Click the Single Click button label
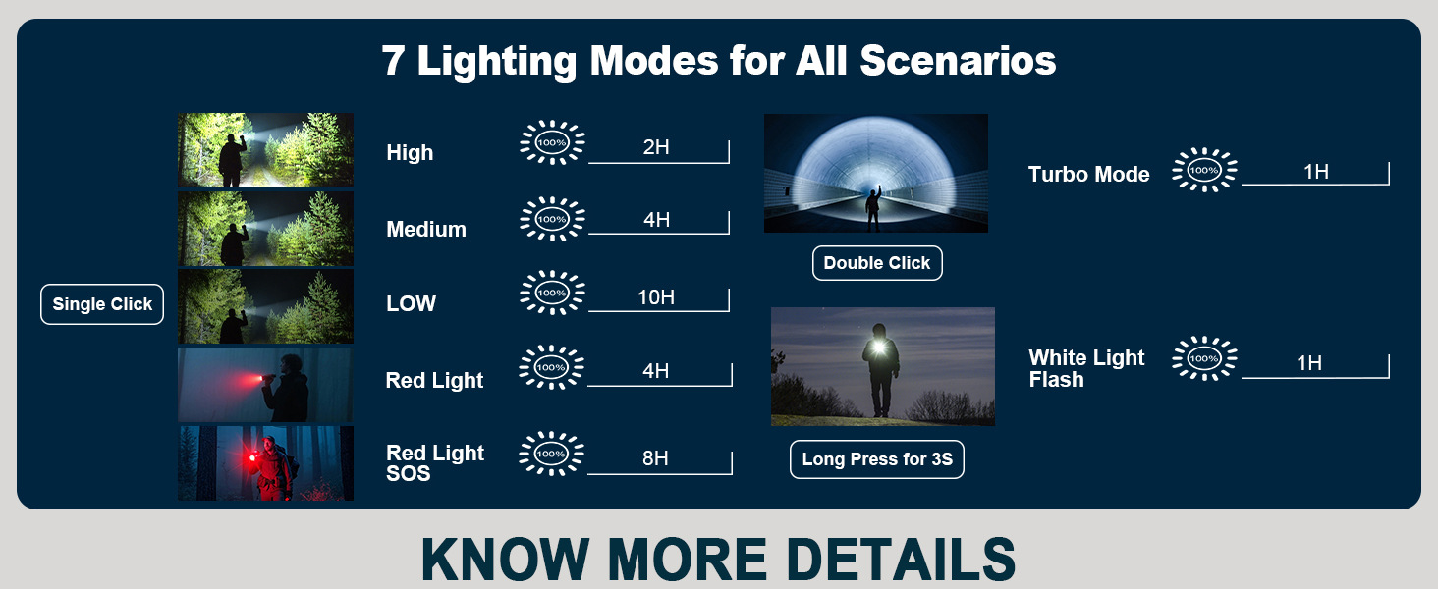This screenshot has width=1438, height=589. (x=102, y=304)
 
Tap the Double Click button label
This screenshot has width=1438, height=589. (x=877, y=263)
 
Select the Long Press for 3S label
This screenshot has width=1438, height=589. (x=877, y=459)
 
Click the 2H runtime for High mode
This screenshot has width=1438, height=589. (x=656, y=147)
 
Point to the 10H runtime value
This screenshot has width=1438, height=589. (x=655, y=297)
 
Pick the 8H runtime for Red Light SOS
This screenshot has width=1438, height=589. (x=655, y=457)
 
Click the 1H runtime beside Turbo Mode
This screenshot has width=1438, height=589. (x=1315, y=172)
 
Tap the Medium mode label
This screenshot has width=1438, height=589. (x=426, y=229)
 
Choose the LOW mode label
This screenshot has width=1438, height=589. (x=411, y=302)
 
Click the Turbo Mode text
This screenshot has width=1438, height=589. (x=1088, y=174)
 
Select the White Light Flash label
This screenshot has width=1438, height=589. (x=1086, y=368)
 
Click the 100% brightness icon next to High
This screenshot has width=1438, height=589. (x=551, y=142)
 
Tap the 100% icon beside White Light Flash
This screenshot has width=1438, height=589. (x=1203, y=358)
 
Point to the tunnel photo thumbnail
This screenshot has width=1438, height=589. (x=875, y=173)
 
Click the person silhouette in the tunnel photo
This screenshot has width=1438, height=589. (x=873, y=207)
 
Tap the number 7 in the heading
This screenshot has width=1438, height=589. (x=393, y=61)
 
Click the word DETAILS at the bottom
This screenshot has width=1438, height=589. (x=901, y=559)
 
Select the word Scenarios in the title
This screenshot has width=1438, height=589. (x=958, y=60)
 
